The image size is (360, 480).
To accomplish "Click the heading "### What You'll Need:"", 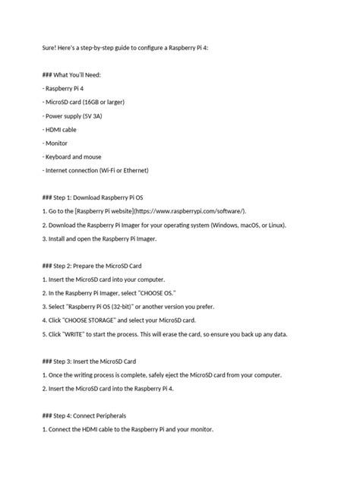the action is point(78,74).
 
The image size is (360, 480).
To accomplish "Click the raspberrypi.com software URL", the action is point(193,211).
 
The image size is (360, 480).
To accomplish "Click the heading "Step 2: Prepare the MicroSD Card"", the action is point(103,266).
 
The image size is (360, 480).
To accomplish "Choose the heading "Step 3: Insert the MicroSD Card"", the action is point(101,362).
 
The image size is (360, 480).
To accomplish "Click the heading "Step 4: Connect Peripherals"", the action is point(93,416).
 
